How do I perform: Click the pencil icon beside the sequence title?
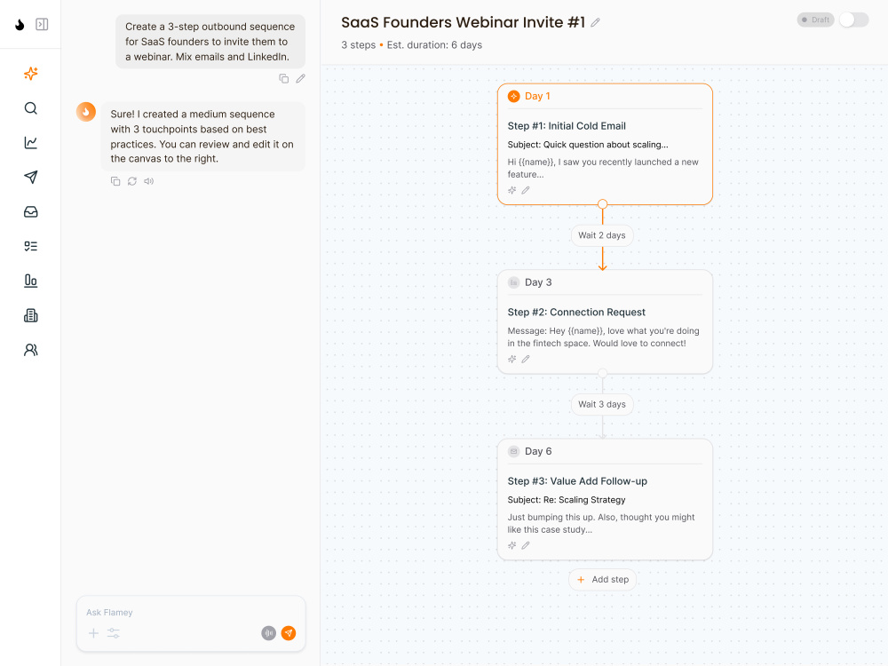595,23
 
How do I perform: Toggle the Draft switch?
853,20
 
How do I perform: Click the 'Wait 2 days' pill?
602,235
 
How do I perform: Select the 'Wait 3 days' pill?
602,404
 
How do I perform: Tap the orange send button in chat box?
289,633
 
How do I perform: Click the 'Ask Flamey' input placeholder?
109,612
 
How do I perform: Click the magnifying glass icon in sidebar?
31,108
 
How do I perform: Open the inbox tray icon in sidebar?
31,212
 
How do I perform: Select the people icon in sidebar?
31,350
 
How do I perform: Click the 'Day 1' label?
537,96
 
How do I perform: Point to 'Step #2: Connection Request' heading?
576,312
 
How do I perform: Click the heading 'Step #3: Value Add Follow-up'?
577,481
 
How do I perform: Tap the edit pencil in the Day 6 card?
526,545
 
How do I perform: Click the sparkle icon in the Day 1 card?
512,190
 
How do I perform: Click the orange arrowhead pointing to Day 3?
603,266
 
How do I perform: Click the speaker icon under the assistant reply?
149,181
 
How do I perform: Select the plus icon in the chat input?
93,633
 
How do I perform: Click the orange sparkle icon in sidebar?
31,74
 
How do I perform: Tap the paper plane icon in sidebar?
31,178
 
